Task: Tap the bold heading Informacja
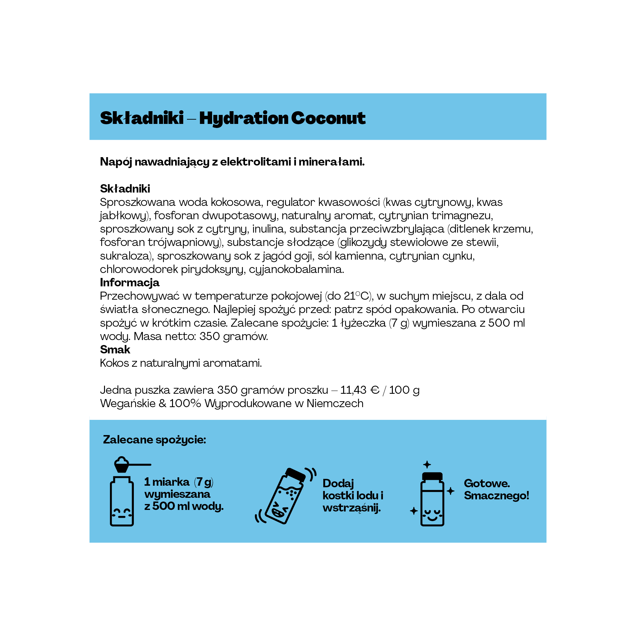(129, 283)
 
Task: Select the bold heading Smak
(115, 349)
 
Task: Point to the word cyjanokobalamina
(296, 269)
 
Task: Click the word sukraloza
(126, 256)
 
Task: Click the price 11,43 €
(360, 390)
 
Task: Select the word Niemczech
(335, 403)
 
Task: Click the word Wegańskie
(128, 403)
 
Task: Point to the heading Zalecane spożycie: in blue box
(154, 439)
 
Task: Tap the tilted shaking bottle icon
(285, 496)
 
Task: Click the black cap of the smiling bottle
(432, 476)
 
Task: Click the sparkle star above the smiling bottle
(427, 465)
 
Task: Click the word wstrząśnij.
(351, 508)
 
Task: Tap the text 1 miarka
(167, 482)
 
